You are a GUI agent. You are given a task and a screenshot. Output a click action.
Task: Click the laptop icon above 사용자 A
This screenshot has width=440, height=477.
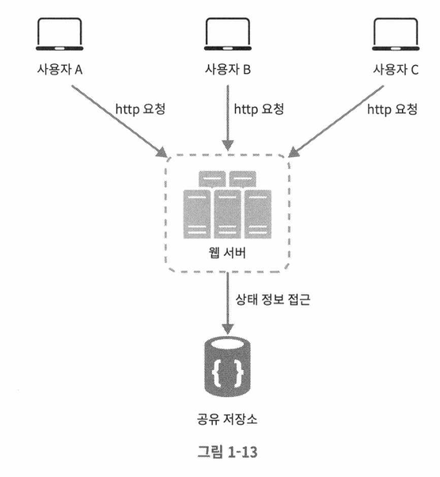coord(59,34)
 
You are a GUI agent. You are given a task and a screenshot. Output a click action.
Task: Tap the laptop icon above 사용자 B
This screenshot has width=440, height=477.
coord(228,34)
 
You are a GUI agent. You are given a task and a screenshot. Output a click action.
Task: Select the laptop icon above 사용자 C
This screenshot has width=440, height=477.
coord(396,34)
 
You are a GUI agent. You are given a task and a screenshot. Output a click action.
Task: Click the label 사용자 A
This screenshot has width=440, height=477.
coord(60,70)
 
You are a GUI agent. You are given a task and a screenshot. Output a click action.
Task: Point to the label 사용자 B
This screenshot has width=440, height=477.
coord(228,70)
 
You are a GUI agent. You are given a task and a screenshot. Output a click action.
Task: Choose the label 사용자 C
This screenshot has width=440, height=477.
coord(396,70)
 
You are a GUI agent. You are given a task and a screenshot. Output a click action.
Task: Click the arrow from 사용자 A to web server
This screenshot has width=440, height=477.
coord(119,121)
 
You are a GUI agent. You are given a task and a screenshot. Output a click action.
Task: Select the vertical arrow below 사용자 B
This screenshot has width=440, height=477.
coord(228,118)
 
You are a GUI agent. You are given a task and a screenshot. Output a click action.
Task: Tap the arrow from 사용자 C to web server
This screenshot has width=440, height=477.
coord(336,121)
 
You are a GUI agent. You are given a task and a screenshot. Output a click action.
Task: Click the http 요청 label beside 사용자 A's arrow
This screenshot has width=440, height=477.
coord(140,109)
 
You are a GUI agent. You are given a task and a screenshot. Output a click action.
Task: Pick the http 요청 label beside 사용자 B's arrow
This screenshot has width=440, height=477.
coord(259,109)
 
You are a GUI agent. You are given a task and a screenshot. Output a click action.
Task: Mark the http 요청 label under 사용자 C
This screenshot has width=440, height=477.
coord(393,109)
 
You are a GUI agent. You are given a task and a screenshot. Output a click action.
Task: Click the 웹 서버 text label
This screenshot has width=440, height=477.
coord(227,253)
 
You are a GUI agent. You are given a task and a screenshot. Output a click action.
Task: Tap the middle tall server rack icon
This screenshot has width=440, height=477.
coord(227,214)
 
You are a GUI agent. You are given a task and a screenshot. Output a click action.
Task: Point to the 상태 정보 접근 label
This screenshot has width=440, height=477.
coord(273,300)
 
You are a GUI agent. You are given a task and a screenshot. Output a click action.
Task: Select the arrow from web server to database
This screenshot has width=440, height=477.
coord(228,303)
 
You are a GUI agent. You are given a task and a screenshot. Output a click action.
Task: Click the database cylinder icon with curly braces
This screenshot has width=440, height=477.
coord(228,365)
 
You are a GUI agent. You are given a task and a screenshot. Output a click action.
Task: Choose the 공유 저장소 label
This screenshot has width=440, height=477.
coord(227,419)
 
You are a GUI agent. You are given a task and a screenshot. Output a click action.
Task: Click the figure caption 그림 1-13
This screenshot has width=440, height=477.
coord(227,452)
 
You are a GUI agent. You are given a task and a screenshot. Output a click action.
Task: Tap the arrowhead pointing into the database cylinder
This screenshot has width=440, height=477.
coord(228,329)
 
